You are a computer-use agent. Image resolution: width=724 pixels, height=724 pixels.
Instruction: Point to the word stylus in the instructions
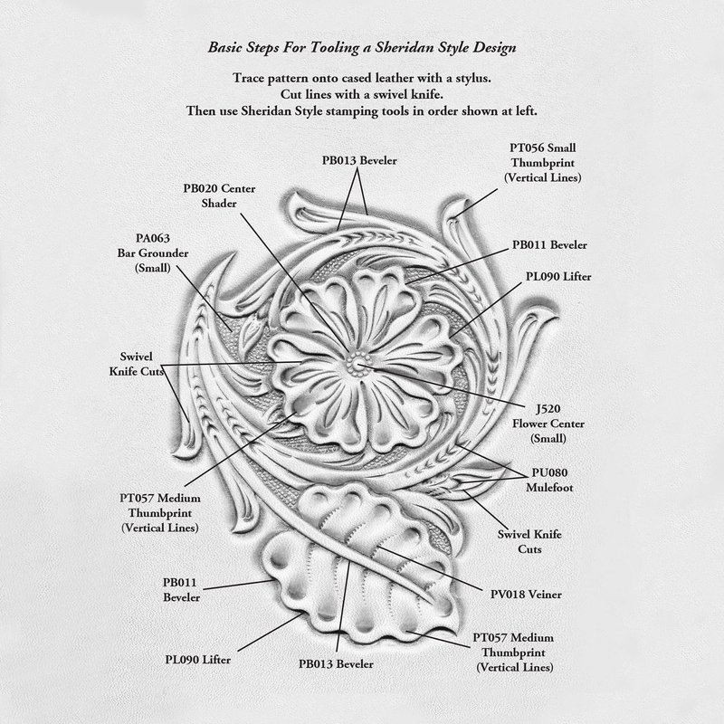click(469, 78)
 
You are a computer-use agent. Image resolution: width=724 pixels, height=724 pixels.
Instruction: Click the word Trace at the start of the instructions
click(252, 78)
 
